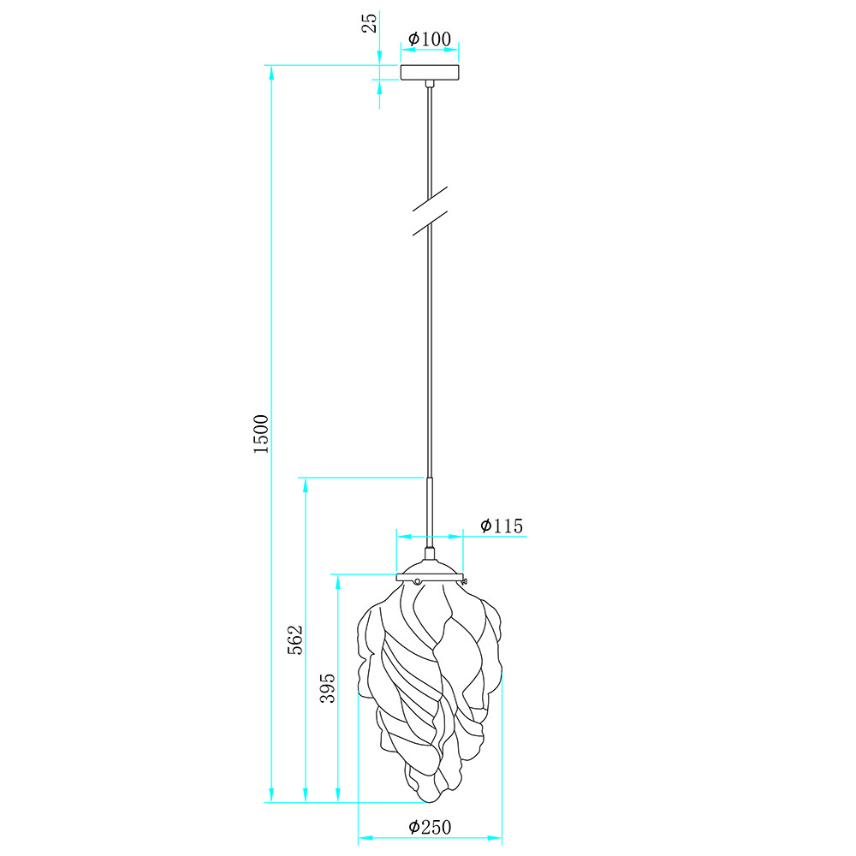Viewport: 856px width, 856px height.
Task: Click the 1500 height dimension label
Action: [x=261, y=433]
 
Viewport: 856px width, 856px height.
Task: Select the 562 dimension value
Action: [x=294, y=639]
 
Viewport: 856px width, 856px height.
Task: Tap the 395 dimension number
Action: [x=328, y=688]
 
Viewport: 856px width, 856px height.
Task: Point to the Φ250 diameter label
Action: [x=431, y=827]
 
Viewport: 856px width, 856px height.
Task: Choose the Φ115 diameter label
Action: [x=502, y=526]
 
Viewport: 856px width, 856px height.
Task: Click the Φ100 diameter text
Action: [x=431, y=39]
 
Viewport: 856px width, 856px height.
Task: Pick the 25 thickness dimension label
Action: [x=370, y=23]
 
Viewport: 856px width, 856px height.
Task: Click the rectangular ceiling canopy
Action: [x=431, y=73]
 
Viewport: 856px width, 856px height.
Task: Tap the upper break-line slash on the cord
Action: [x=431, y=199]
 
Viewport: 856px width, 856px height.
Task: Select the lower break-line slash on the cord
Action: [x=431, y=223]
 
